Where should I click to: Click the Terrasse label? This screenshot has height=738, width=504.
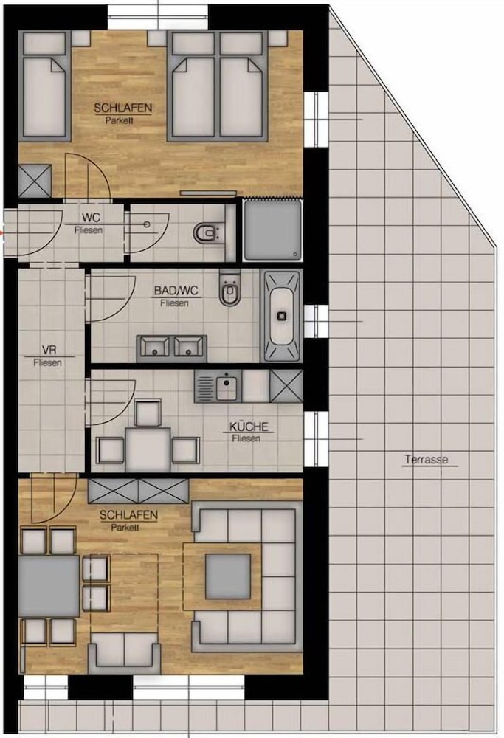427,459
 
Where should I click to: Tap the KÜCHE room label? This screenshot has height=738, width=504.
249,427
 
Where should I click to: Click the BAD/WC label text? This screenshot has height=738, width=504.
176,290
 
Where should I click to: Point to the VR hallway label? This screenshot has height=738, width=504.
49,350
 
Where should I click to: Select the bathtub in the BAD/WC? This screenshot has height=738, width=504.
282,315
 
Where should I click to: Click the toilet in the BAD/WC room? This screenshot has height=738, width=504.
229,287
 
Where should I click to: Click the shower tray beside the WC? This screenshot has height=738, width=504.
272,230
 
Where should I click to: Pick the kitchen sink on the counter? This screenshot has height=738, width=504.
218,385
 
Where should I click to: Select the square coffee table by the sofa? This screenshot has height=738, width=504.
228,576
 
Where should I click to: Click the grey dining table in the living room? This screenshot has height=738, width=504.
49,585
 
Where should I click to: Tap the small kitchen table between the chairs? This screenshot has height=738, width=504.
148,449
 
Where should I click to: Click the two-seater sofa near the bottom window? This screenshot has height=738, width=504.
124,649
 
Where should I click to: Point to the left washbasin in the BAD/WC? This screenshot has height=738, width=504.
155,348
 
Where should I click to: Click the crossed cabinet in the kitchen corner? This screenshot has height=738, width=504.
286,386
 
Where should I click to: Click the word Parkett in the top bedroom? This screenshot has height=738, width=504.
120,120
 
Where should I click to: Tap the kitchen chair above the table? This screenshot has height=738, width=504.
148,413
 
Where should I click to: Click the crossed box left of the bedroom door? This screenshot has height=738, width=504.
35,181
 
